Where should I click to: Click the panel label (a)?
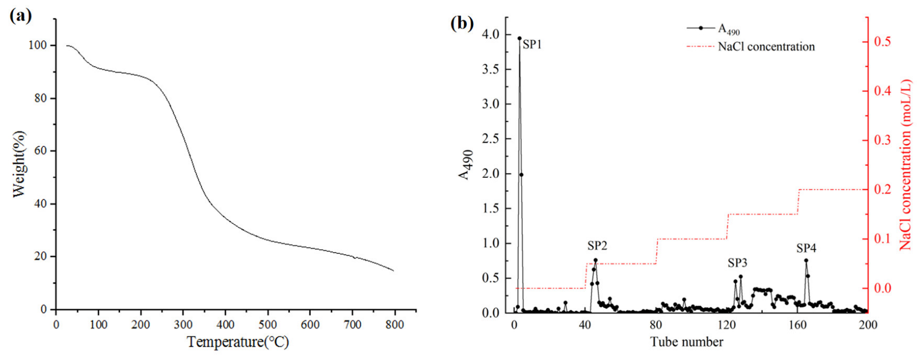[x=20, y=15]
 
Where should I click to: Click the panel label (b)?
[x=462, y=23]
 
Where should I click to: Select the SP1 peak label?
[x=532, y=45]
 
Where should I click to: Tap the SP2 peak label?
[x=597, y=246]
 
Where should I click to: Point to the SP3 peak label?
[x=737, y=263]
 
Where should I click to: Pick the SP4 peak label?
[x=806, y=248]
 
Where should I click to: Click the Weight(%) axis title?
[x=19, y=164]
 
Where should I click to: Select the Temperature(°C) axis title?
[x=238, y=342]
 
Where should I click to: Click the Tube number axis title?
[x=687, y=342]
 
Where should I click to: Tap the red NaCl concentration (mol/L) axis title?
[x=906, y=165]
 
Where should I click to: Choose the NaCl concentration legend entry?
[x=766, y=47]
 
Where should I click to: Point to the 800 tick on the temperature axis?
[x=395, y=324]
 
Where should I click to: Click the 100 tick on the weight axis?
[x=37, y=45]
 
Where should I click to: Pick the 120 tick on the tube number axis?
[x=727, y=324]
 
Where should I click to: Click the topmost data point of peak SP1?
[x=519, y=38]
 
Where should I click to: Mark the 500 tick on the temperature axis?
[x=267, y=324]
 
